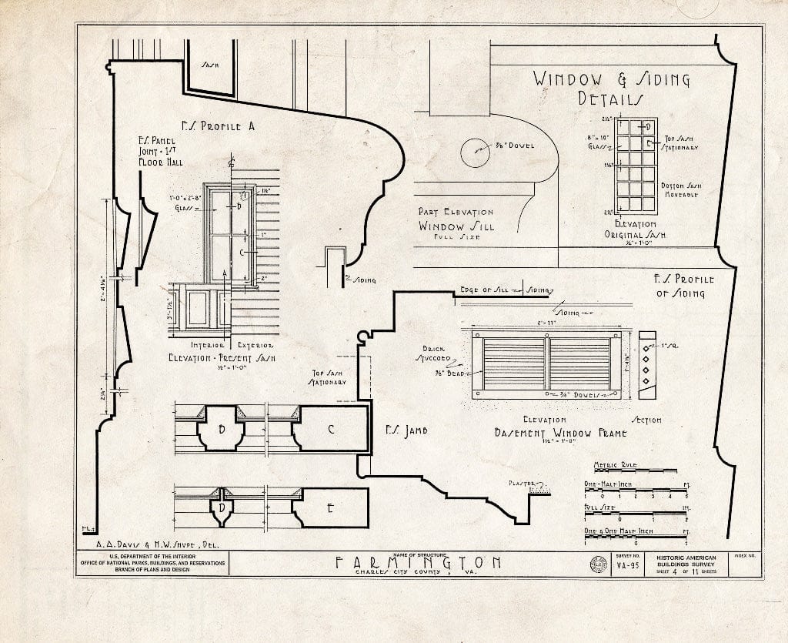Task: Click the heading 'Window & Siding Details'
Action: tap(612, 88)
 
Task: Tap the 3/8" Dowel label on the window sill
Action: tap(514, 145)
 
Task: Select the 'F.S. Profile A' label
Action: tap(218, 126)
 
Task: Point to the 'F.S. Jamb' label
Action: tap(406, 431)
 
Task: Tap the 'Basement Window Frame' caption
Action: tap(560, 434)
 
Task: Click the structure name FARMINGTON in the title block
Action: tap(419, 562)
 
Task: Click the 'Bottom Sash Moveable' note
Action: tap(679, 190)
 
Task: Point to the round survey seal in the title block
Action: tap(596, 563)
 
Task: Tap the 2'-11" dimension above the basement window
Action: tap(546, 323)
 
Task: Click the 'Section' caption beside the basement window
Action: tap(646, 420)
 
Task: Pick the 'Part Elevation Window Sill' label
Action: tap(456, 223)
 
